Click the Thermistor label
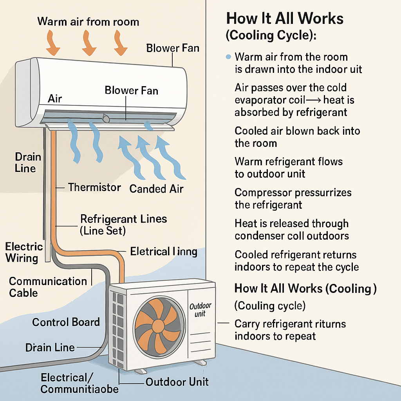coord(94,187)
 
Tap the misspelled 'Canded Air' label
coord(156,189)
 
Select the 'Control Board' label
coord(66,322)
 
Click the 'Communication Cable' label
coord(48,287)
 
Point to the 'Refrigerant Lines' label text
coord(123,219)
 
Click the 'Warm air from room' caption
coord(88,21)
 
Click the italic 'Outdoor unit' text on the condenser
coord(200,309)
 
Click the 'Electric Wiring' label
coord(23,252)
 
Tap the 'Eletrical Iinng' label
coord(163,251)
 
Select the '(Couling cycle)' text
coord(270,305)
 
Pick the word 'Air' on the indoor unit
coord(55,99)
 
